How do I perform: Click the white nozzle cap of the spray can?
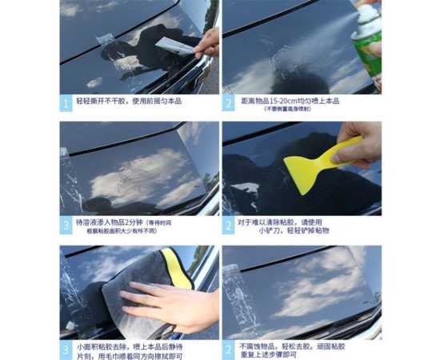[367, 14]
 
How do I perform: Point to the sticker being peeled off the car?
[175, 45]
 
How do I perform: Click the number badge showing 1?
[66, 103]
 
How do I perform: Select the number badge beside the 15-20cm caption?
[229, 103]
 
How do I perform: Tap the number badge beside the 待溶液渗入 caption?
[66, 226]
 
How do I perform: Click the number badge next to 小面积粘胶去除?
[66, 350]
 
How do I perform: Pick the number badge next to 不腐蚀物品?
[229, 350]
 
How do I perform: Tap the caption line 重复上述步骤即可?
[276, 355]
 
